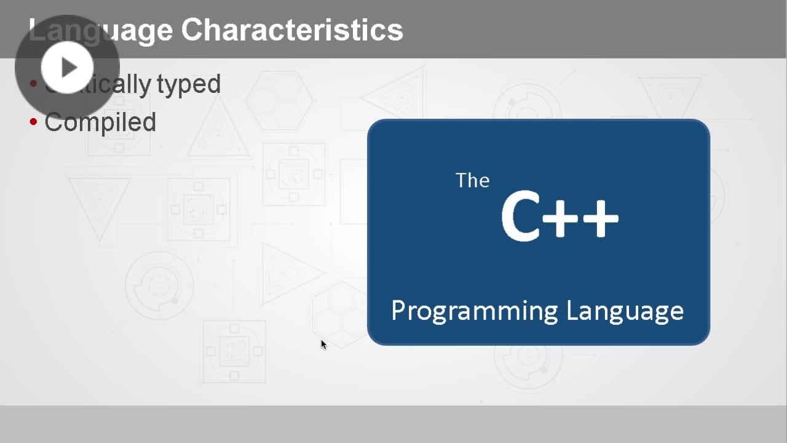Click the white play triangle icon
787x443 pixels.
[68, 67]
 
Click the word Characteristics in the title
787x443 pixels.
[292, 30]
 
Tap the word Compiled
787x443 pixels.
[100, 122]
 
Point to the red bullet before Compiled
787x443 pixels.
[34, 121]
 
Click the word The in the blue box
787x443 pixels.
[472, 180]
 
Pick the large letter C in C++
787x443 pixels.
[520, 217]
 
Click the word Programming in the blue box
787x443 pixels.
[474, 311]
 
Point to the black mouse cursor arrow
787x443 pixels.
[323, 345]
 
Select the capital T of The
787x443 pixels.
[461, 180]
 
